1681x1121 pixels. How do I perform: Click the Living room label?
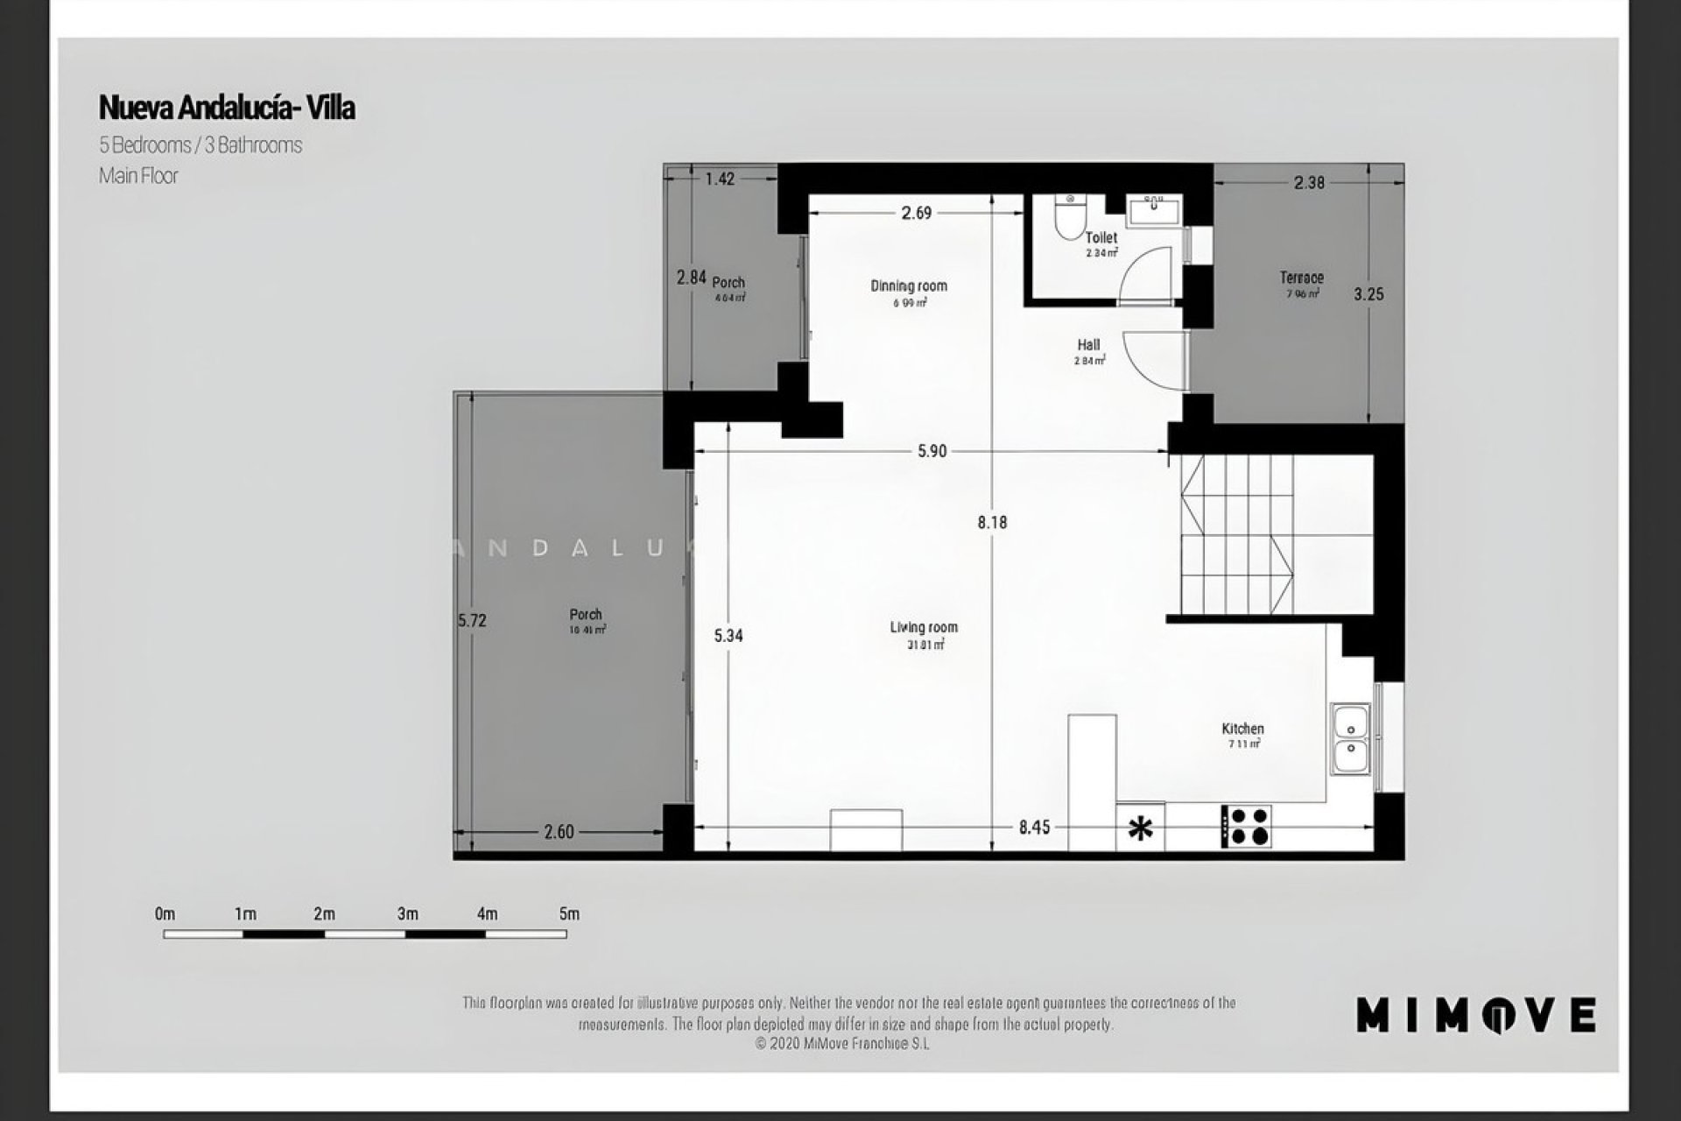(924, 628)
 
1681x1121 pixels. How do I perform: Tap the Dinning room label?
(909, 286)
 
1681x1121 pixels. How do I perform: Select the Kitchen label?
(1242, 729)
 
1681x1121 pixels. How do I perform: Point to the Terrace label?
(1302, 278)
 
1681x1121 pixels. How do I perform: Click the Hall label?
(1088, 345)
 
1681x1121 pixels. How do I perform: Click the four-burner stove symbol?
(1247, 827)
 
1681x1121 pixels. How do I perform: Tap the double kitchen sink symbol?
(1351, 738)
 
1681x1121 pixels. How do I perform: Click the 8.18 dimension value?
(992, 523)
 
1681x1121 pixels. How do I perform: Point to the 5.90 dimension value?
(932, 451)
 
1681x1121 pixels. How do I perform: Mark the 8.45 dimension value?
(1034, 827)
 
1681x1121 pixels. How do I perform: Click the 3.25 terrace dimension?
(1368, 294)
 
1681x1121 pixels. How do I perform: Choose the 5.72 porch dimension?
(472, 621)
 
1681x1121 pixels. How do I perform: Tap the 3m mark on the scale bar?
(407, 914)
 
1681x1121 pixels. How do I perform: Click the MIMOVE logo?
(1475, 1015)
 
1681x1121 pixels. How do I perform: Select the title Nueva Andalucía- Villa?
(227, 108)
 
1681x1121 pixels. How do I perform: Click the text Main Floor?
(138, 176)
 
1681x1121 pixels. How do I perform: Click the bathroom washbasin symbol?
(1154, 210)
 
